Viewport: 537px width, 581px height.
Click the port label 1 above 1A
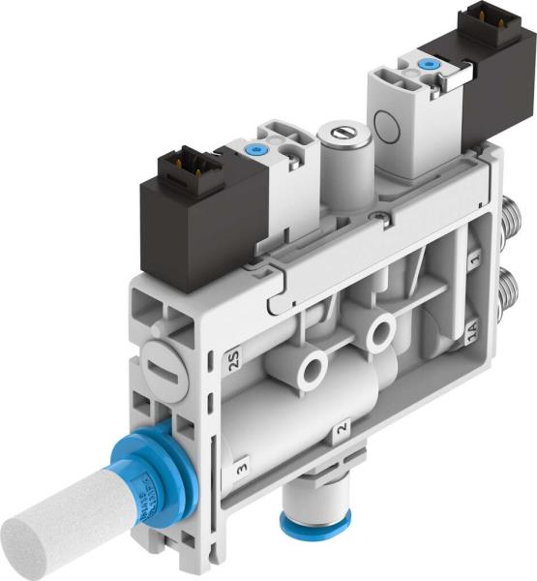[473, 260]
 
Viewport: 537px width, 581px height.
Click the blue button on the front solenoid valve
[255, 150]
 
